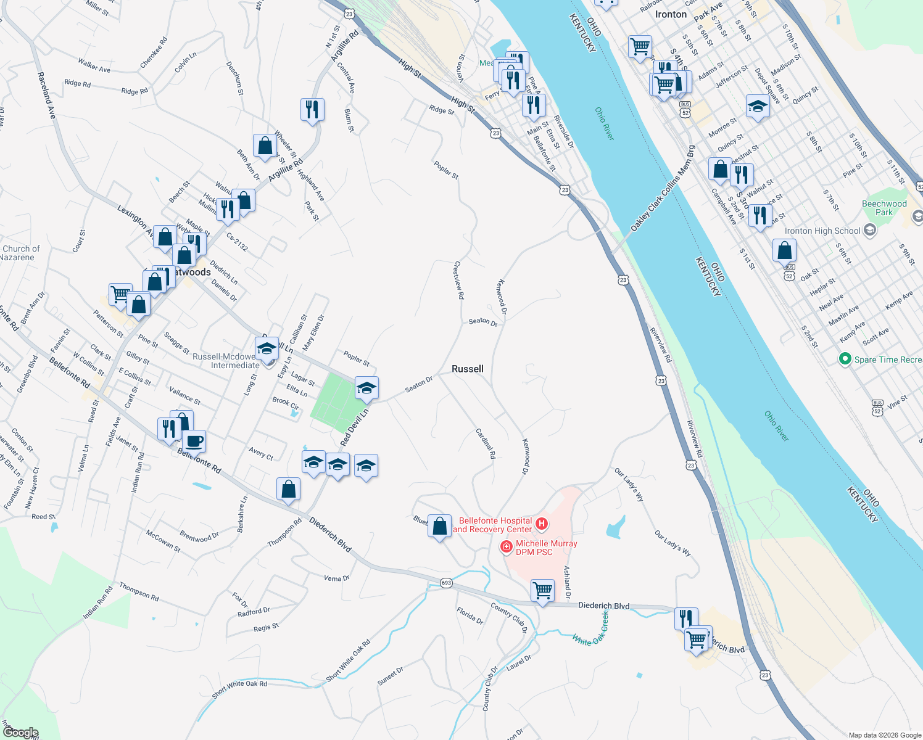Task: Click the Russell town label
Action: [x=467, y=369]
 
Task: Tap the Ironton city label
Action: [x=671, y=14]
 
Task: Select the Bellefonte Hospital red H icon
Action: [x=542, y=524]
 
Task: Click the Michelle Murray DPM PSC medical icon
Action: [x=506, y=546]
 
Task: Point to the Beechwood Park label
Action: [x=884, y=208]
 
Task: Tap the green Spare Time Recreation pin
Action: [x=845, y=359]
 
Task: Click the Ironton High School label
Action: [x=822, y=231]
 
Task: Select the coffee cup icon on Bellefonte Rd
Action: [x=194, y=442]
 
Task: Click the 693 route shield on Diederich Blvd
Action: [x=447, y=583]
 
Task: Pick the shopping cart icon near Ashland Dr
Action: [x=542, y=591]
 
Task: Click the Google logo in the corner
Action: [x=20, y=732]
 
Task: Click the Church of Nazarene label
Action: [x=20, y=253]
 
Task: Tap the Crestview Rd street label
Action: [x=458, y=280]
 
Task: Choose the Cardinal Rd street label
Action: [x=486, y=443]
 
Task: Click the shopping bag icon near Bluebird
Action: [x=439, y=527]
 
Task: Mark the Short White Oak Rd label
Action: [x=239, y=688]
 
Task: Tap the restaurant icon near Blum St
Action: [x=312, y=110]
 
